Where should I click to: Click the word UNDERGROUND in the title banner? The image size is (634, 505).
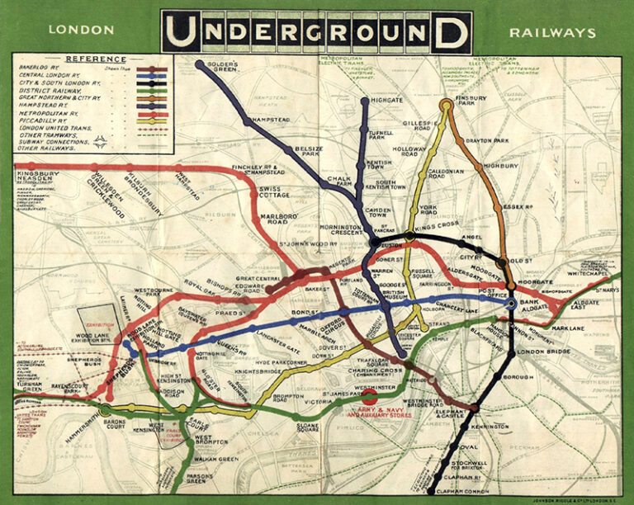tap(316, 32)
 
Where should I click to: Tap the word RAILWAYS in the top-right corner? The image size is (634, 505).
tap(552, 32)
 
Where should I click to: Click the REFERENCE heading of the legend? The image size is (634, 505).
tap(96, 59)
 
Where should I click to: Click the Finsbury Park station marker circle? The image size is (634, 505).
tap(447, 104)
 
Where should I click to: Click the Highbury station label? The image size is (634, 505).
tap(499, 165)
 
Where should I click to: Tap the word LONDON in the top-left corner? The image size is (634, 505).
tap(81, 31)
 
